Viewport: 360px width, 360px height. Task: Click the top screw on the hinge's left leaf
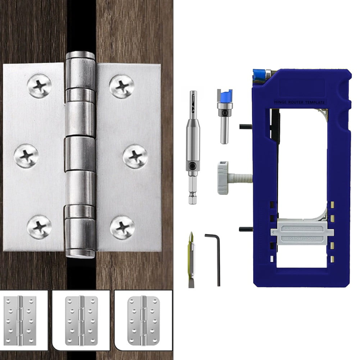39,86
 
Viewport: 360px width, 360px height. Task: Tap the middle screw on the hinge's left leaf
26,156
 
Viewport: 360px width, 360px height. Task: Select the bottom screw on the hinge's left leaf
39,227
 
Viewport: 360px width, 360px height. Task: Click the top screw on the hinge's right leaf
122,86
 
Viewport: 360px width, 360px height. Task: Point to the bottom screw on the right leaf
122,227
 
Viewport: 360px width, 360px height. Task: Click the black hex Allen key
214,259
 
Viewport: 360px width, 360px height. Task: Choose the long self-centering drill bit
193,147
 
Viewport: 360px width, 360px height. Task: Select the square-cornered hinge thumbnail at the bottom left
21,320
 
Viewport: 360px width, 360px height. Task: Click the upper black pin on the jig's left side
246,126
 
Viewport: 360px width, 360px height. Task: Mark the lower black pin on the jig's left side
246,229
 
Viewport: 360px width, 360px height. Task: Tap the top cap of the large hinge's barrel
80,56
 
